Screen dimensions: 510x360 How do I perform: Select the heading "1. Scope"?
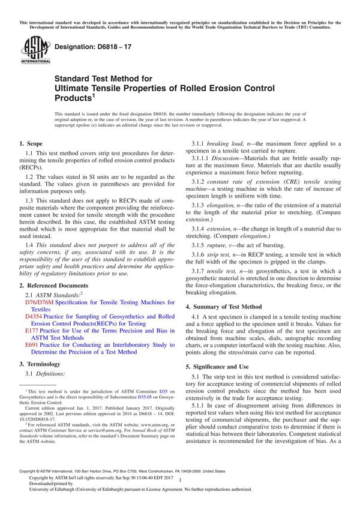pos(31,145)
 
